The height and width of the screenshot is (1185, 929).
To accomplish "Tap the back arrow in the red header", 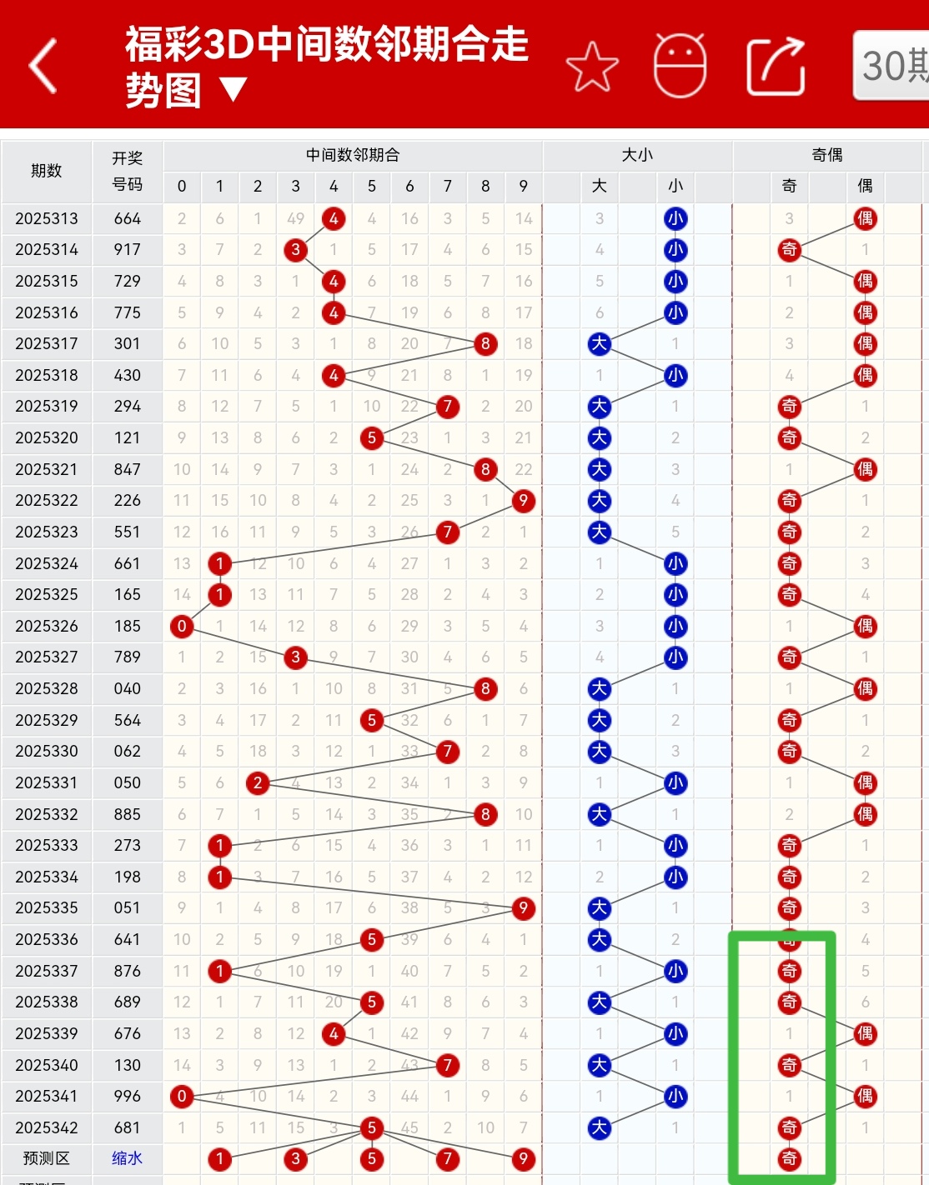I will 43,65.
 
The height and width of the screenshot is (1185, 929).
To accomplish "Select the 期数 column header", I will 47,171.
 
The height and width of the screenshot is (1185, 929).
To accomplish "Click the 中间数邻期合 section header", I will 353,155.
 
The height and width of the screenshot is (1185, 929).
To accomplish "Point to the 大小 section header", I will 637,155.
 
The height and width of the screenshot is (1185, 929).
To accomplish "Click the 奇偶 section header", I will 826,155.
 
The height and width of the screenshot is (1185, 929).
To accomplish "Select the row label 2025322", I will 47,500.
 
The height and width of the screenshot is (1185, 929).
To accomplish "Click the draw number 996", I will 128,1096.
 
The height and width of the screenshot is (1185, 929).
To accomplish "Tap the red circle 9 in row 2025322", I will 523,500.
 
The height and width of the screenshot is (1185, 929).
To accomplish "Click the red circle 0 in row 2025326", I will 182,626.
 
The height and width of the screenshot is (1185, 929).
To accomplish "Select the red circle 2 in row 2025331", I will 258,782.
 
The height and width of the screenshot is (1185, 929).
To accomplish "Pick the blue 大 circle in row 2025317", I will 599,343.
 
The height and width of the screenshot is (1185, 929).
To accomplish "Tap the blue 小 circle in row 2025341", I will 675,1096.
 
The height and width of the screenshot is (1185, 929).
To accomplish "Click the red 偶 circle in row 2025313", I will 865,218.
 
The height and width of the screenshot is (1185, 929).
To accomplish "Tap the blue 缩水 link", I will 128,1158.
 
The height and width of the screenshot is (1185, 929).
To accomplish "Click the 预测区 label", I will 47,1158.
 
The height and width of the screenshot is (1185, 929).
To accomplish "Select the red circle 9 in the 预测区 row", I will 523,1158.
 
